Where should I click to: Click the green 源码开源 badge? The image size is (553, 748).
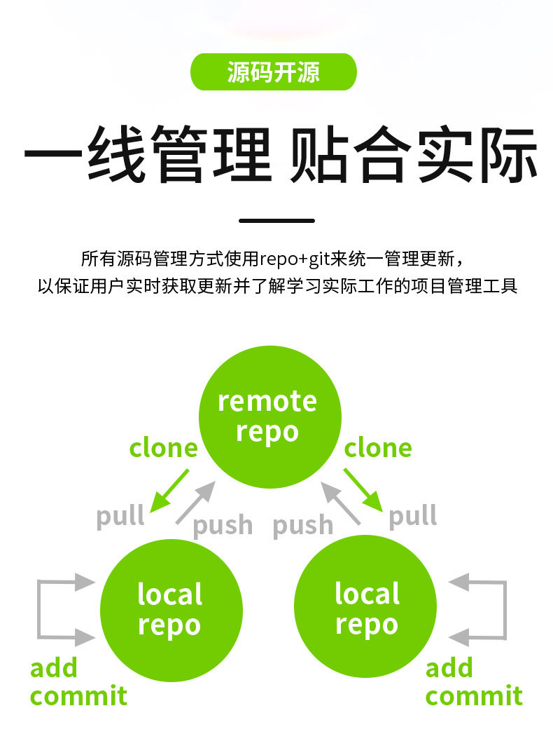coord(274,72)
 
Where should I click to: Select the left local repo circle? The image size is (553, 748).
coord(171,609)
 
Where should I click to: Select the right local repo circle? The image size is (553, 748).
coord(365,608)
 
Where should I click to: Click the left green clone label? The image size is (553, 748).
coord(164,448)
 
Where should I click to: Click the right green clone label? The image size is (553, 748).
coord(378,448)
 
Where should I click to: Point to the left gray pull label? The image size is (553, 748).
coord(120,517)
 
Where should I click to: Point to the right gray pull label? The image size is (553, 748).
coord(413,517)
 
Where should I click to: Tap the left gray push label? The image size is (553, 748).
coord(223,525)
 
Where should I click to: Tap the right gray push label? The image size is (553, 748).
coord(302,525)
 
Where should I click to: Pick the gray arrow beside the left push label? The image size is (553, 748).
coord(195,503)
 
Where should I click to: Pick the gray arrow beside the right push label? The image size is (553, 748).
coord(341,503)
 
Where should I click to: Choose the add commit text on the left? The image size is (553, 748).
coord(78,682)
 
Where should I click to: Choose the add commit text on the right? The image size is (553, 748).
coord(474,682)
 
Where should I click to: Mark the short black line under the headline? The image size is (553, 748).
coord(276,220)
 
